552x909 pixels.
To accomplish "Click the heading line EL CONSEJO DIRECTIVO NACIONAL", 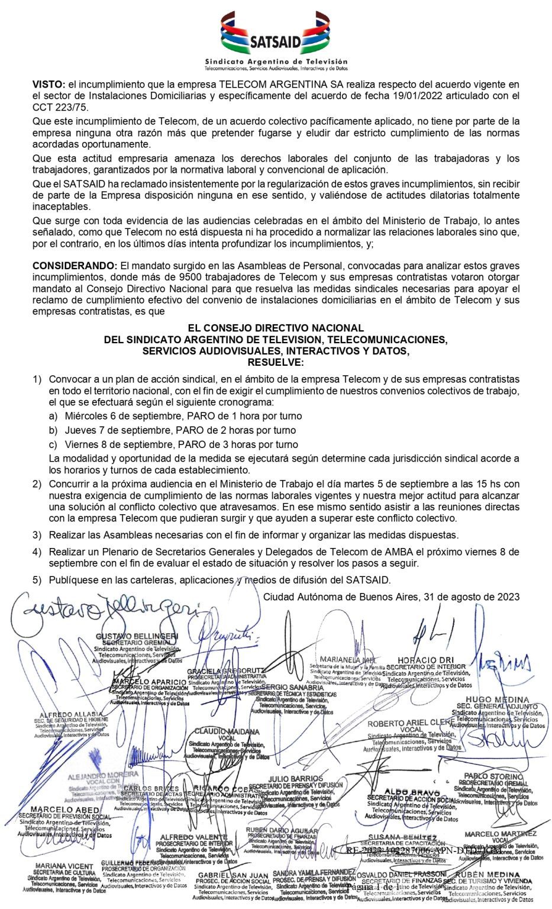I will pos(276,328).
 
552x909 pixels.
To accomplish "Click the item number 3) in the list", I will pos(37,535).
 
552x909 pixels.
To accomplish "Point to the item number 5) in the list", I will pos(37,580).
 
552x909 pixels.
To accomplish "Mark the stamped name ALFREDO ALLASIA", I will pos(71,714).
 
